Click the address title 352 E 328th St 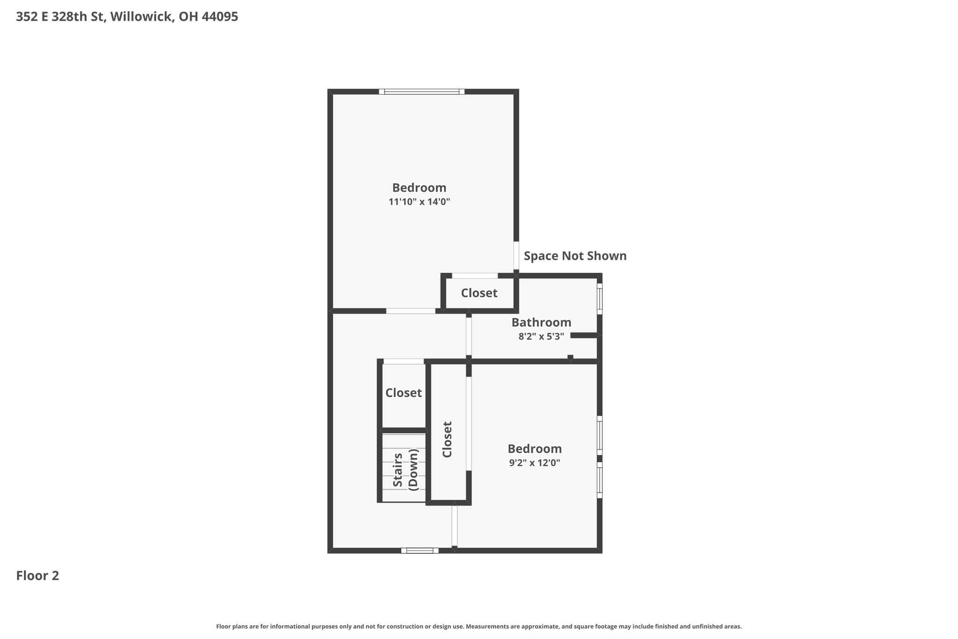127,17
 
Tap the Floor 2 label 37,575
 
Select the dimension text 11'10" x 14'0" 419,202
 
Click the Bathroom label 541,323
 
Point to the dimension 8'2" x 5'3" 541,336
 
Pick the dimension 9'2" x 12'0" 534,463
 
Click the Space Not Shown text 575,256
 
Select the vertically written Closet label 447,439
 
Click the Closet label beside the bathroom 479,293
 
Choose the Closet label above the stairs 403,393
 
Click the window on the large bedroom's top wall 421,92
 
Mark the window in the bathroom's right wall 599,298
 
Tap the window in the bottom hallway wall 420,551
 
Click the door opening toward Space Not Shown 516,256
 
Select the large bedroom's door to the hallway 410,311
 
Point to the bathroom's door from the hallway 469,336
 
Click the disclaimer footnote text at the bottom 479,626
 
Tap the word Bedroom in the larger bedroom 419,188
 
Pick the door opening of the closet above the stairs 403,361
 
